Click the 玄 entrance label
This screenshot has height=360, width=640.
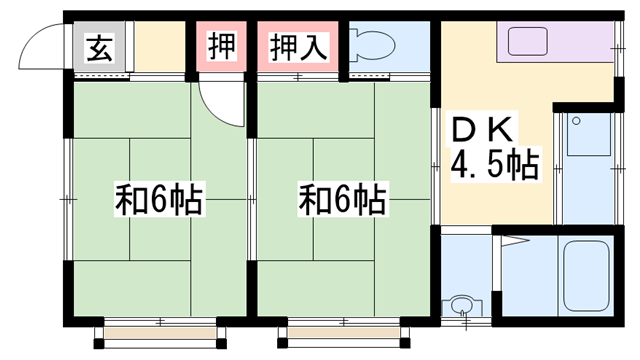[99, 48]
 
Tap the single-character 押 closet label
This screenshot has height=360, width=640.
[222, 46]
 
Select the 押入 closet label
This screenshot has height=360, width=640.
[298, 47]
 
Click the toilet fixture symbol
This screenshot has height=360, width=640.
[372, 45]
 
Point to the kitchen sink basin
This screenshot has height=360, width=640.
[528, 41]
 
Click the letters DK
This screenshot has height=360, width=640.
[482, 130]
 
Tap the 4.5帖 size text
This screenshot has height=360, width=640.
[495, 164]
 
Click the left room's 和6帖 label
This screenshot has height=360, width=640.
[159, 200]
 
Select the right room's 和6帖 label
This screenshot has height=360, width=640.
[342, 200]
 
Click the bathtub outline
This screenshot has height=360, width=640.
[587, 276]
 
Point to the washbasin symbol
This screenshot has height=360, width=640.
[462, 305]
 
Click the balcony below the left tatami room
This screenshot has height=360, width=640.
[160, 333]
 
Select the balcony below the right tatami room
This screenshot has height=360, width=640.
[344, 333]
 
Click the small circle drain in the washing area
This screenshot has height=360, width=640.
[576, 121]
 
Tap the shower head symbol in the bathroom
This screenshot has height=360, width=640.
[515, 240]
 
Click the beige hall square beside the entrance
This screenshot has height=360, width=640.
[160, 46]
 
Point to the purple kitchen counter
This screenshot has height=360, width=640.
[555, 42]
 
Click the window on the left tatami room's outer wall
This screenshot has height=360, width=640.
[68, 199]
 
